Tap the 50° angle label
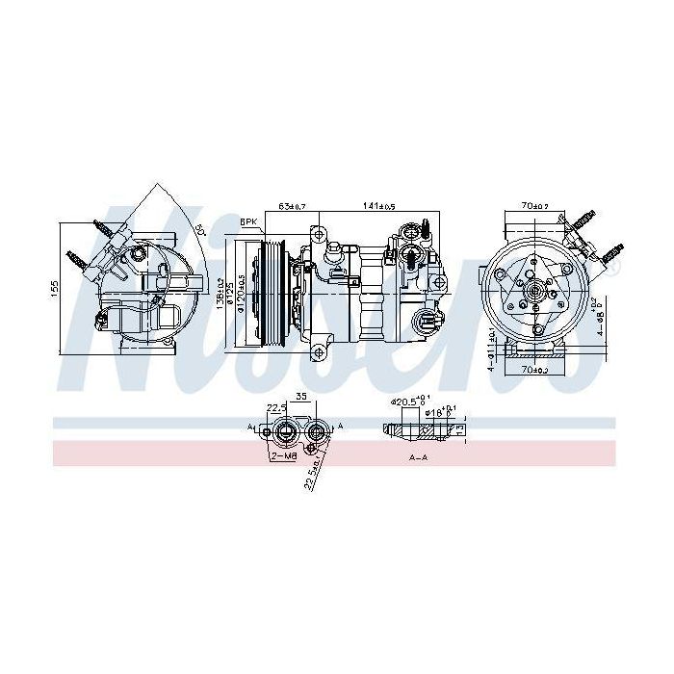click(199, 230)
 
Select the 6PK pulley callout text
click(248, 221)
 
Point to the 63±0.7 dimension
click(292, 206)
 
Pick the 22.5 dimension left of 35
click(277, 406)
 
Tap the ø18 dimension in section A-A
click(438, 411)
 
